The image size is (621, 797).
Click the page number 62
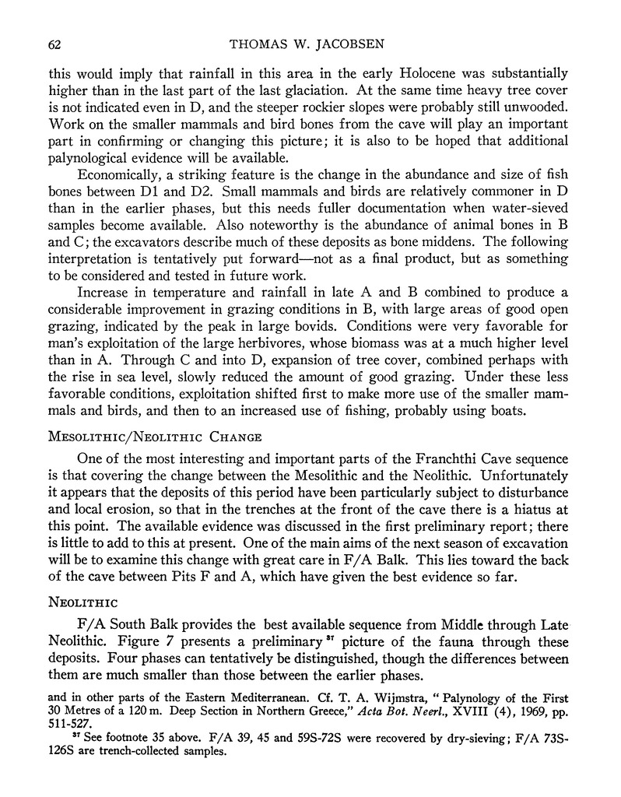pyautogui.click(x=55, y=44)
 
